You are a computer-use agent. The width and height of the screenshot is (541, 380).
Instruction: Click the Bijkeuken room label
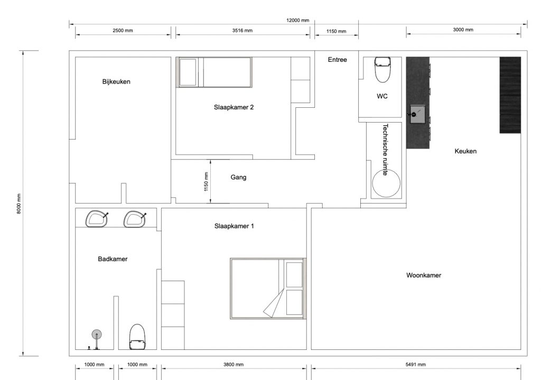[x=116, y=81]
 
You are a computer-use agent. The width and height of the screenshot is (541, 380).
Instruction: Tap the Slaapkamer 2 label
[x=234, y=107]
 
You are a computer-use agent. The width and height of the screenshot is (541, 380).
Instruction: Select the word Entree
[x=337, y=60]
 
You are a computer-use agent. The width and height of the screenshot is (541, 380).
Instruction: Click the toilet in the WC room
[x=382, y=69]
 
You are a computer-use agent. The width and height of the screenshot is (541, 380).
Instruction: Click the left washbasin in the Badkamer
[x=97, y=219]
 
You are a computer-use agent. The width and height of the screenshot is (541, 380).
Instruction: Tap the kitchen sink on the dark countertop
[x=416, y=113]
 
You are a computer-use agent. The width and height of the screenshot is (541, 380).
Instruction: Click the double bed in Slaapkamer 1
[x=268, y=288]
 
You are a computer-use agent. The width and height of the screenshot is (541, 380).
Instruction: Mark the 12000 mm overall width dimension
[x=297, y=20]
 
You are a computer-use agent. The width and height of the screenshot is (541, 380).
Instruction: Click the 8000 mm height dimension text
[x=18, y=202]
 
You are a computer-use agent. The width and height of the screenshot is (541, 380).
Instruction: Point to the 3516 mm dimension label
[x=242, y=31]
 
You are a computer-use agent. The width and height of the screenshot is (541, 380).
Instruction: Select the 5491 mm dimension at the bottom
[x=415, y=365]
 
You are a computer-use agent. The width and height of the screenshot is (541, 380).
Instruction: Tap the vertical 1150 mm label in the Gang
[x=206, y=182]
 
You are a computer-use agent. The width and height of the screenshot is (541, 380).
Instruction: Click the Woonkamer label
[x=423, y=275]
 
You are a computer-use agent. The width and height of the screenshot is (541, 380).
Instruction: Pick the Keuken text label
[x=465, y=151]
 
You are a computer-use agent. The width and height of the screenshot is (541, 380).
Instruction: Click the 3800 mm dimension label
[x=233, y=365]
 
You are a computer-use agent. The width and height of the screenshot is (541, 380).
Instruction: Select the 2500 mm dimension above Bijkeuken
[x=123, y=31]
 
